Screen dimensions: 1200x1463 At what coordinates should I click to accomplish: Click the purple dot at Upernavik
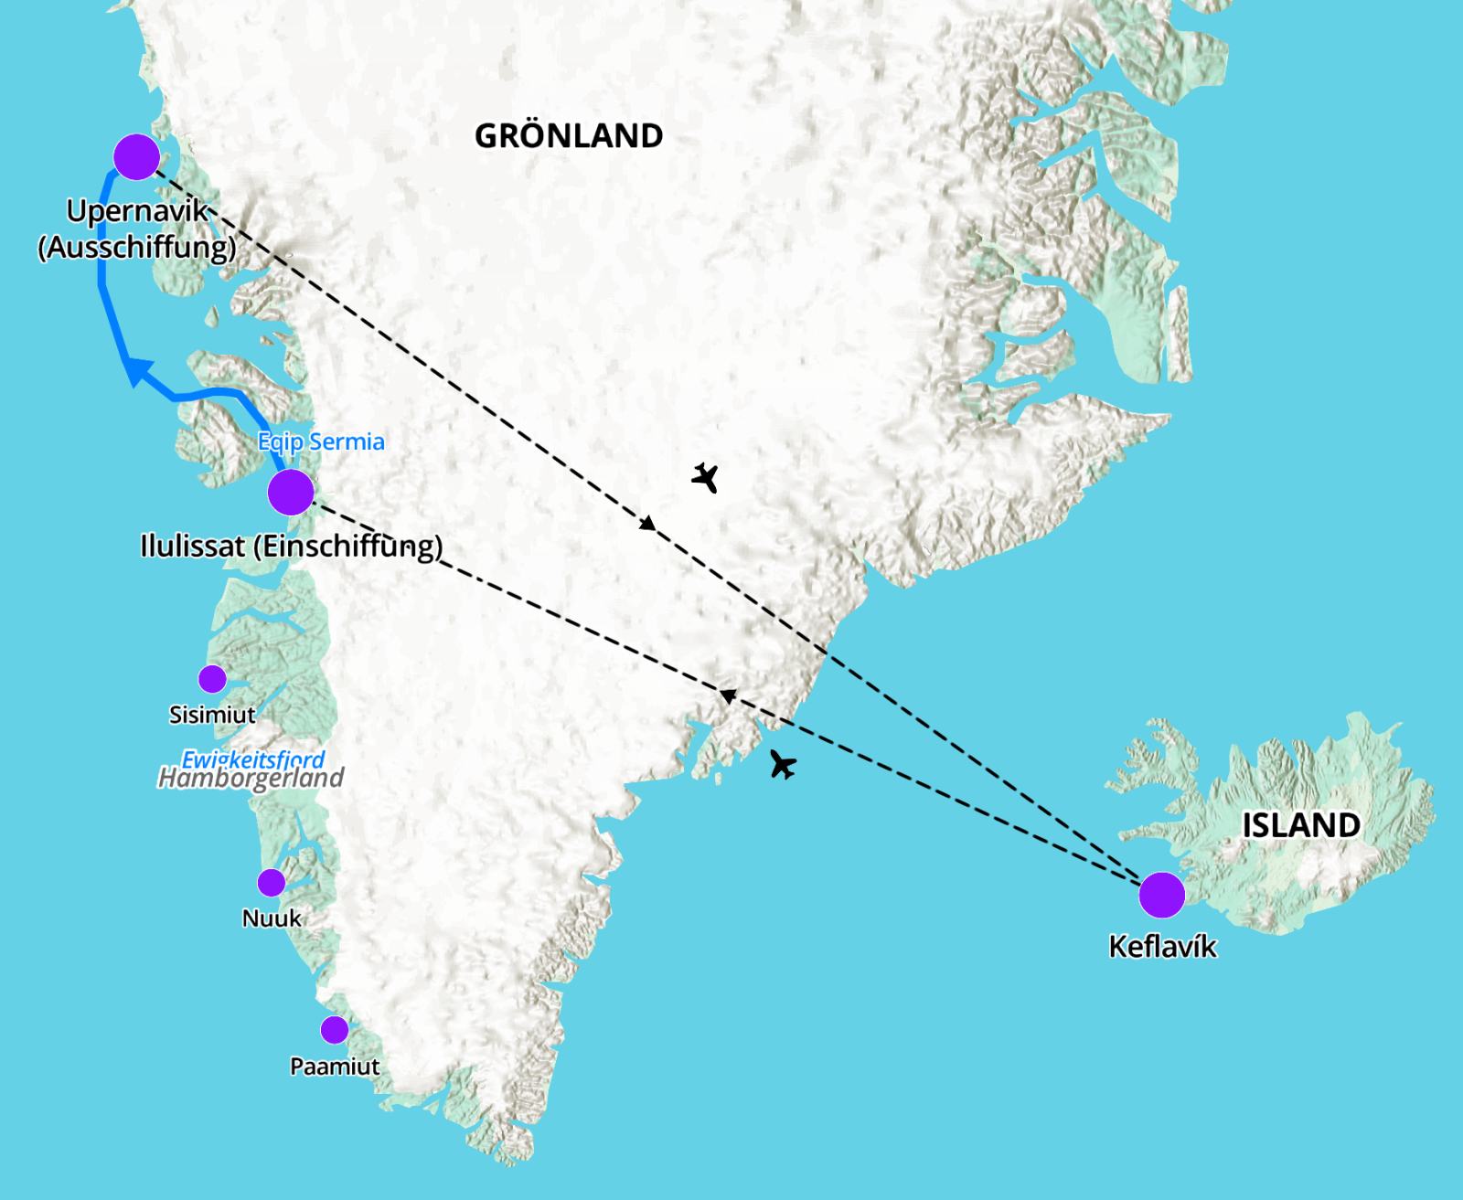coord(136,156)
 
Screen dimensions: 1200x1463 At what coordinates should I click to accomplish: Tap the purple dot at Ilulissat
coord(291,492)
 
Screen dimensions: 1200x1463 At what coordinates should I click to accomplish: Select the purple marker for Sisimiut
coord(212,679)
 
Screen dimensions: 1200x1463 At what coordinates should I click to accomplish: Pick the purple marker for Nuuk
coord(271,883)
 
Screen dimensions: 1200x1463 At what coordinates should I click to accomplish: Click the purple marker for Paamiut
coord(335,1030)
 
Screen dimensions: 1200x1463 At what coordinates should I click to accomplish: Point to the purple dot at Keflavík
coord(1162,894)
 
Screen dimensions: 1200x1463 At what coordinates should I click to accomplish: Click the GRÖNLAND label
coord(569,136)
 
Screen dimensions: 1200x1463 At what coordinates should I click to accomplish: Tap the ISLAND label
coord(1300,825)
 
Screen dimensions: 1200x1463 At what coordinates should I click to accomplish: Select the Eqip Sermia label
coord(321,442)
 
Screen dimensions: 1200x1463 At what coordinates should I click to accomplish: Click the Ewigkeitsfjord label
coord(253,759)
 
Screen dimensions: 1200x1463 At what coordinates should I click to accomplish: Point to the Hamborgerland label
coord(251,779)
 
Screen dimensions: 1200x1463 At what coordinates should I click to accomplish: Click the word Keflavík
coord(1162,946)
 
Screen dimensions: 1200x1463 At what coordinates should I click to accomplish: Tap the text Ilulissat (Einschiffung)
coord(291,547)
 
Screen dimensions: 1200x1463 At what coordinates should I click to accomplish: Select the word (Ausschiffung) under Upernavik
coord(137,248)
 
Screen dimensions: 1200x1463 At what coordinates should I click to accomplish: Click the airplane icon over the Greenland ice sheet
coord(704,477)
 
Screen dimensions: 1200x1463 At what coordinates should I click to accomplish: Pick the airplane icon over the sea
coord(783,764)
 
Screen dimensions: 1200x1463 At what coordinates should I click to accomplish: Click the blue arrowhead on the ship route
coord(137,372)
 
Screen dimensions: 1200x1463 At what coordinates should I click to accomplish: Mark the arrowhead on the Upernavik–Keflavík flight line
coord(647,524)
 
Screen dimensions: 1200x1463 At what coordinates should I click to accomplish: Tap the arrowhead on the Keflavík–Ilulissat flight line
coord(727,696)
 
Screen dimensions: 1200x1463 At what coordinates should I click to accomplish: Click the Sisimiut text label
coord(212,714)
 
